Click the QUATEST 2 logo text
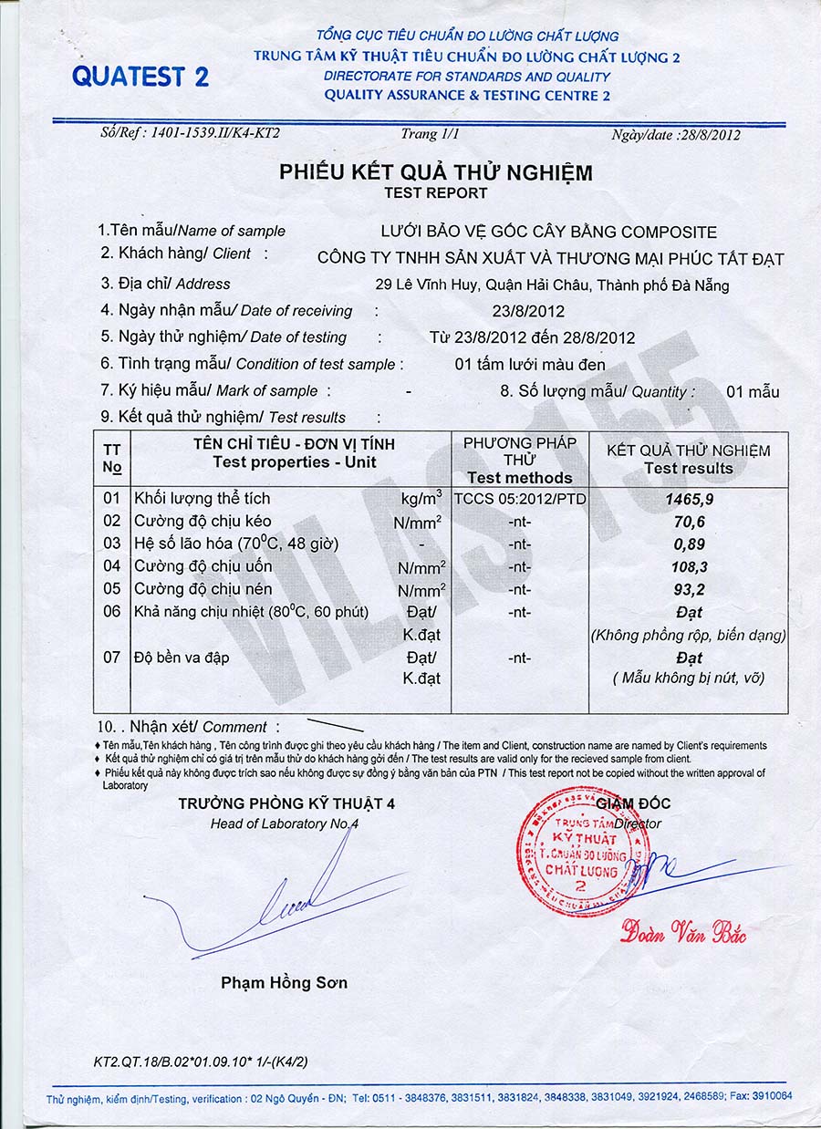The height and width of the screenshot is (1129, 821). point(140,77)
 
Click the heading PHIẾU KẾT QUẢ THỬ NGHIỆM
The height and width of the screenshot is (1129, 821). point(435,171)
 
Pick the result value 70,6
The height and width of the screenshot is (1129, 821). point(689,522)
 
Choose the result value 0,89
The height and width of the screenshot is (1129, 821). point(689,544)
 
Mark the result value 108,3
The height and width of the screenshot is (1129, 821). point(689,566)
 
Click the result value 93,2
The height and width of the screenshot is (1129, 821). point(689,589)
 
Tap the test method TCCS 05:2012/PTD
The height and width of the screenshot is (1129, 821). point(519,499)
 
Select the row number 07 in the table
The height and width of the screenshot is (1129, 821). point(111,657)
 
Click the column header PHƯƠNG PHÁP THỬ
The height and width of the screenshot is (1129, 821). point(519,451)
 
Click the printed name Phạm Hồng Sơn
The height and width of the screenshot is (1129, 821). point(284,982)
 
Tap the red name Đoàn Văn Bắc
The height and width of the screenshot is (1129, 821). point(683,932)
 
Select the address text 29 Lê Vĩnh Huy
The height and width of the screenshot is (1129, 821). point(425,285)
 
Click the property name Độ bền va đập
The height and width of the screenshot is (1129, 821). point(182,657)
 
